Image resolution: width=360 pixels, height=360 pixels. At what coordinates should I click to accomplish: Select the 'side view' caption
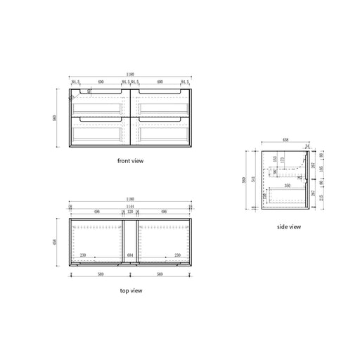click(x=289, y=226)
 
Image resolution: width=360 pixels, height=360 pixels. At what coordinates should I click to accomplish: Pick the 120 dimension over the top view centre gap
click(x=129, y=211)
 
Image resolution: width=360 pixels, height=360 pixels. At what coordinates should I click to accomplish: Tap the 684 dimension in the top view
click(x=129, y=255)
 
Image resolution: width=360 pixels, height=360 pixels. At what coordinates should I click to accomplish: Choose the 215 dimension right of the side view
click(x=321, y=198)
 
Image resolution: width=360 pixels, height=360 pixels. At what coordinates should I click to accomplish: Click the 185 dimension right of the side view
click(x=321, y=169)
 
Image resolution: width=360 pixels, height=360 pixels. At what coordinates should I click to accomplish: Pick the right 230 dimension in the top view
click(x=176, y=255)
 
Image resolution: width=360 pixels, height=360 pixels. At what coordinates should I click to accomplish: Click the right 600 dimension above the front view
click(x=161, y=82)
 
